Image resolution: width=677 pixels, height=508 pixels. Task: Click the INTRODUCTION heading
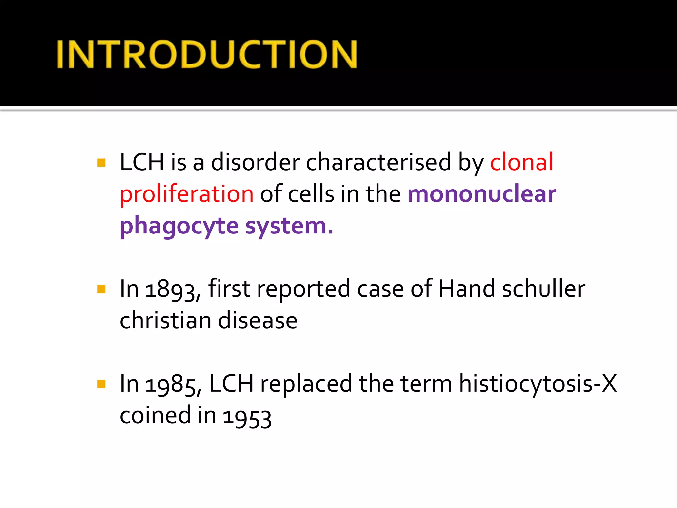[207, 55]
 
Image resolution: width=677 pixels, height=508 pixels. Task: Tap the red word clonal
[521, 162]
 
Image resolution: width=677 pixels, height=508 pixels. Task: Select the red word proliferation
[186, 194]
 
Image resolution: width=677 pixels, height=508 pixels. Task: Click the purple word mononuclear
[482, 194]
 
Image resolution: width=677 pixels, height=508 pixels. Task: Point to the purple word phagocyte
[179, 226]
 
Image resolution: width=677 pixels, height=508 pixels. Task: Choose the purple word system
[289, 226]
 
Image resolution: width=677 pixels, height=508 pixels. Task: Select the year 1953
[247, 417]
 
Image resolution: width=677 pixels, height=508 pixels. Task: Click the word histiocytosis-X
[538, 384]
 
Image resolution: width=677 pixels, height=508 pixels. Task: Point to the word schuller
[544, 289]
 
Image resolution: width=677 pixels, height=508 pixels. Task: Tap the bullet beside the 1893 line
[101, 289]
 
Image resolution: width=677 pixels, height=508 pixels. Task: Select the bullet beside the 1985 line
[101, 384]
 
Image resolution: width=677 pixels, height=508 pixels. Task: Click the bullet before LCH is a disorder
[101, 163]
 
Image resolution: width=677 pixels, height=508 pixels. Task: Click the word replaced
[306, 384]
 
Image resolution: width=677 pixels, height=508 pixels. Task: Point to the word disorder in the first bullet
[255, 162]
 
